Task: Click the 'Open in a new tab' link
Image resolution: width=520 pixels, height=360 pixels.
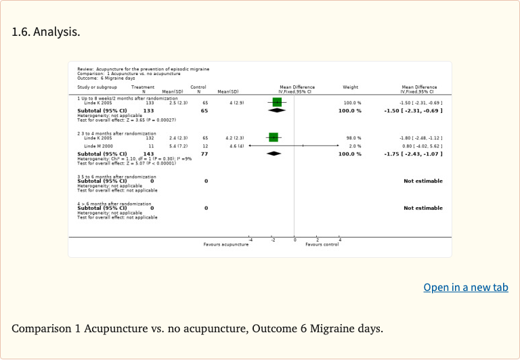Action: click(466, 288)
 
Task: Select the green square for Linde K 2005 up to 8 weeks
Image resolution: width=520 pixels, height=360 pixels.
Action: click(276, 102)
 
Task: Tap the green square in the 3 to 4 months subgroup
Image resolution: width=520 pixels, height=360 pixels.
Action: click(274, 137)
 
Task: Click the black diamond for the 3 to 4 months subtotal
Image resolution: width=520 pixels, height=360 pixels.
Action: click(274, 154)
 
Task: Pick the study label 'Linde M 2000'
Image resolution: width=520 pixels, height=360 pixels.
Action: click(98, 146)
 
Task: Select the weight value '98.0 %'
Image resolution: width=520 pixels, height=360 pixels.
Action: click(353, 138)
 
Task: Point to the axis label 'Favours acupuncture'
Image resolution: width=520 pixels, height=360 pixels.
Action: click(226, 244)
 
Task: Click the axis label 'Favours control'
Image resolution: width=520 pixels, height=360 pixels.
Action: click(322, 244)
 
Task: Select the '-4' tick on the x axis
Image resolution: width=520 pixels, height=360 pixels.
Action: click(251, 240)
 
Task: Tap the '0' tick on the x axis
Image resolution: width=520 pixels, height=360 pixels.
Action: click(295, 240)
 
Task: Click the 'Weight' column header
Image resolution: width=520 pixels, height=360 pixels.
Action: click(351, 87)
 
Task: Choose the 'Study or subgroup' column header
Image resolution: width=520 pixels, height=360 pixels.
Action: click(97, 87)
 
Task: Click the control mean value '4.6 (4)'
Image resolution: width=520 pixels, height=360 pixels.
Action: click(227, 146)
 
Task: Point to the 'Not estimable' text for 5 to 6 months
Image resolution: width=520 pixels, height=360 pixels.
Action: click(423, 181)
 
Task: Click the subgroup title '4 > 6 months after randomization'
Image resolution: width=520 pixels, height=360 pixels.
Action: click(114, 203)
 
